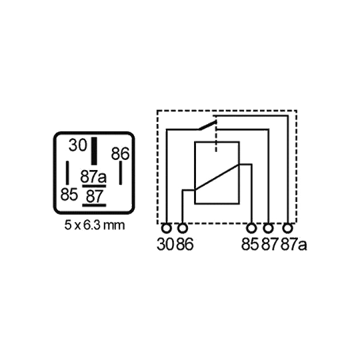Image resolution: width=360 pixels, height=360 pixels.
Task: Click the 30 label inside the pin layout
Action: click(78, 145)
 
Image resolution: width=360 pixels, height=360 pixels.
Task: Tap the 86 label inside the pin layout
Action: click(120, 153)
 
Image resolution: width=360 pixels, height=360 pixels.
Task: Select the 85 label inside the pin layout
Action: click(69, 195)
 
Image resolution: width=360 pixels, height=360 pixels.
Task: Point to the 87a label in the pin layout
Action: click(93, 177)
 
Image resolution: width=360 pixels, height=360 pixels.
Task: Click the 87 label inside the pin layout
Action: click(95, 197)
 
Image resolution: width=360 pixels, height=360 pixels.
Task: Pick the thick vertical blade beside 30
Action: click(94, 151)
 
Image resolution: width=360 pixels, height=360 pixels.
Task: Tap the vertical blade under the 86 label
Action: click(121, 173)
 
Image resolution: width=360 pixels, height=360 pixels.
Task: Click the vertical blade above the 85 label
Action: click(67, 173)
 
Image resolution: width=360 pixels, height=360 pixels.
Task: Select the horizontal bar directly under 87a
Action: click(94, 186)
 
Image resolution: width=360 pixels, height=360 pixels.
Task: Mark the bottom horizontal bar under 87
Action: click(94, 205)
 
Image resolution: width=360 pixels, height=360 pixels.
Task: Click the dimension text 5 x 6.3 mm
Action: click(95, 225)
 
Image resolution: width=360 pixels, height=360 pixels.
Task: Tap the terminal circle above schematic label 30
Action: click(167, 229)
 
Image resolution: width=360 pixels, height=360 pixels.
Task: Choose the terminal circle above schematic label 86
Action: click(183, 229)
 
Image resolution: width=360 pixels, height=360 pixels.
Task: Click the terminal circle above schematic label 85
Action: click(251, 229)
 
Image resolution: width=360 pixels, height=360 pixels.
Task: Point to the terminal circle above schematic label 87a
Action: click(288, 229)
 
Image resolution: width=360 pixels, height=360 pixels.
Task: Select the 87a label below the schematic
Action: click(294, 244)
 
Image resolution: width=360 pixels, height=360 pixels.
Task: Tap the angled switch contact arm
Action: click(207, 125)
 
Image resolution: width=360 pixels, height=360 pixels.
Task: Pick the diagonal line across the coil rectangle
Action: click(217, 177)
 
